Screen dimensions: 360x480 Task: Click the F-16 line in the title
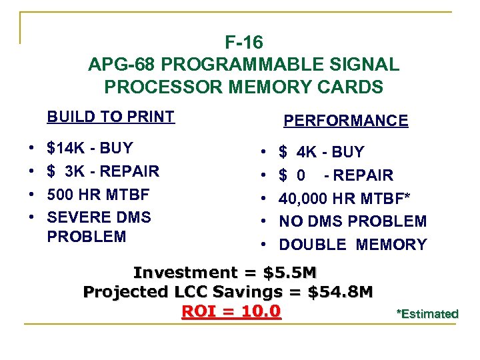(244, 43)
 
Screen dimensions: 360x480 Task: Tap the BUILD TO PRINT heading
(110, 117)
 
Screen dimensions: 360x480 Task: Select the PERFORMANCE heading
(345, 121)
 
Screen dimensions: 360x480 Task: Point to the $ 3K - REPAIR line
(103, 171)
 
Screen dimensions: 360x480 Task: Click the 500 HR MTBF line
(98, 195)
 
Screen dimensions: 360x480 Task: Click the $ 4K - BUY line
(321, 152)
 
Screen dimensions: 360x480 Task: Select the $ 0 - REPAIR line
(336, 175)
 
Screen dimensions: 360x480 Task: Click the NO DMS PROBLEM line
(352, 221)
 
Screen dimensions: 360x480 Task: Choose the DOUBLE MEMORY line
(352, 245)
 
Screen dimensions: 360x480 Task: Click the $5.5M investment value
(290, 273)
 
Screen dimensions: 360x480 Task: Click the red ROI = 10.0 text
(231, 311)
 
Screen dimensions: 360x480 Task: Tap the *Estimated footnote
(427, 314)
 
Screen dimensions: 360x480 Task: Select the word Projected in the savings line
(116, 292)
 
